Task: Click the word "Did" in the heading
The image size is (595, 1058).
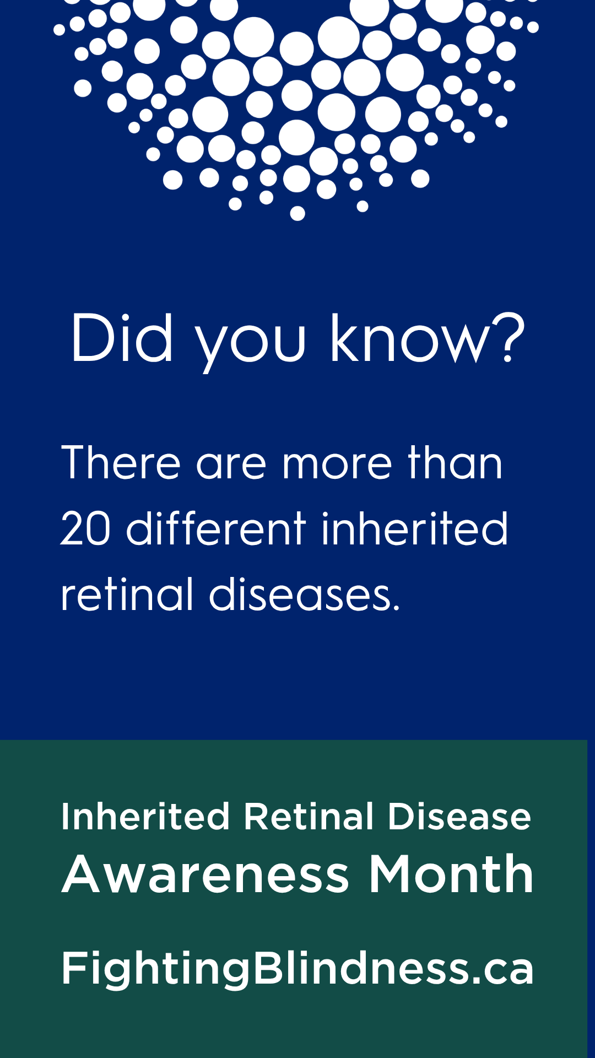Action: coord(122,337)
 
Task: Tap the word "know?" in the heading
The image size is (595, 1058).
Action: coord(428,337)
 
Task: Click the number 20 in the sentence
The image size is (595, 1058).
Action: coord(85,528)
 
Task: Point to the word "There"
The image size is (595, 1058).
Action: coord(121,462)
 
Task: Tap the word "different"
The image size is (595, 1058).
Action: coord(216,527)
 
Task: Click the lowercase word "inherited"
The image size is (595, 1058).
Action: coord(414,527)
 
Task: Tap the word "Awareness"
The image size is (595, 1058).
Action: coord(205,875)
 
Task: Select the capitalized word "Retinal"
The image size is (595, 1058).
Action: coord(309,816)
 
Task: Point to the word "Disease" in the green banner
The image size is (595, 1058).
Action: coord(459,816)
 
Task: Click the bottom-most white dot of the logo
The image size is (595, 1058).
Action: coord(297,213)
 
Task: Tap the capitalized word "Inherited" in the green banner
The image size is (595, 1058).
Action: coord(145,816)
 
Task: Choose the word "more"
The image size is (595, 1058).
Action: coord(337,463)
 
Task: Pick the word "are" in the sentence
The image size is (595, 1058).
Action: coord(231,463)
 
